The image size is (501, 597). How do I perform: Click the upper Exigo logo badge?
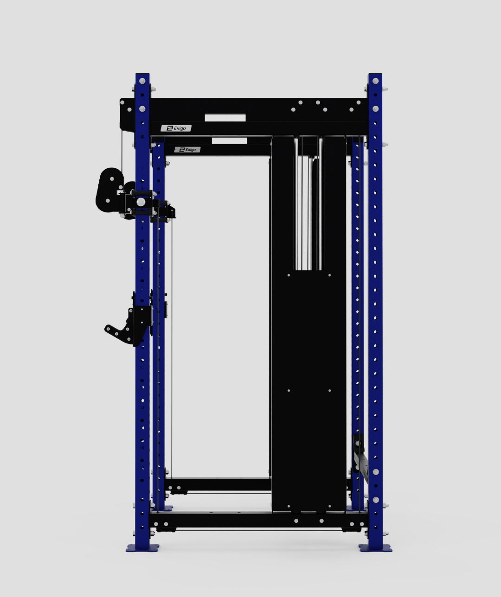[x=176, y=128]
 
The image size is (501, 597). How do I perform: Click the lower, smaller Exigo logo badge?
[x=187, y=150]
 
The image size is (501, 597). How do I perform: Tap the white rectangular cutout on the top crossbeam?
[x=225, y=118]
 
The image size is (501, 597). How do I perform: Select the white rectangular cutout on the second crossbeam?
[x=229, y=140]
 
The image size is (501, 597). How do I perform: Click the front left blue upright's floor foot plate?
[x=142, y=548]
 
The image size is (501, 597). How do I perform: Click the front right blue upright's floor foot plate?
[x=375, y=548]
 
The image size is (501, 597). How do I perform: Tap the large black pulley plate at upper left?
[x=109, y=190]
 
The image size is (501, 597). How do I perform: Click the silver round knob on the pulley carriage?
[x=140, y=202]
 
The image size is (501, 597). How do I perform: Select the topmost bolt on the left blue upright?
[x=142, y=81]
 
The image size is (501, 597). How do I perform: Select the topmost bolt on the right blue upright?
[x=375, y=81]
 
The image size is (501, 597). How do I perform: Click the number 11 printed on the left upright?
[x=142, y=368]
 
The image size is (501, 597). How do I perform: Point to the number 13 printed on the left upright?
[x=142, y=408]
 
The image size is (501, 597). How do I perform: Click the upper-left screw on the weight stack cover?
[x=289, y=275]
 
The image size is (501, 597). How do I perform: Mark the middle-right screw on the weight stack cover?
[x=330, y=391]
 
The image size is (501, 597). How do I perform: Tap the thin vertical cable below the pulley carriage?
[x=172, y=348]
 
